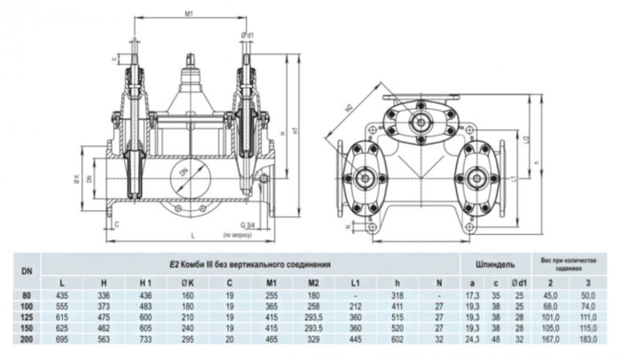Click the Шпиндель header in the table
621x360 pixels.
[495, 264]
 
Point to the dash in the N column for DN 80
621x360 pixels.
[440, 293]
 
